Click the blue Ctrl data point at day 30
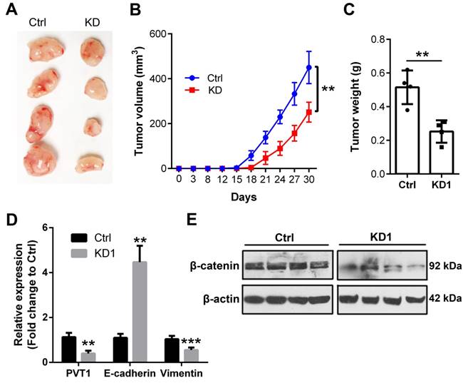pyautogui.click(x=308, y=67)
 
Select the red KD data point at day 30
pyautogui.click(x=308, y=112)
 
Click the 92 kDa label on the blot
pyautogui.click(x=441, y=267)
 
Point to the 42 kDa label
pyautogui.click(x=441, y=300)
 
